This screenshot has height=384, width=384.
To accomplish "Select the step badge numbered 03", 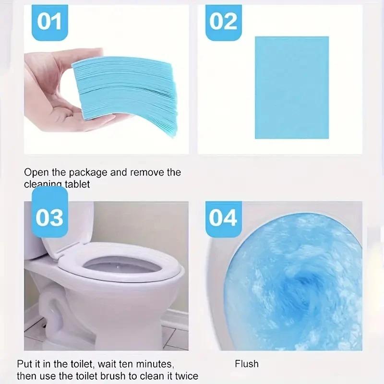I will pos(49,217).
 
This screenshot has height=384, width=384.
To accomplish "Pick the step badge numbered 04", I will pos(223,217).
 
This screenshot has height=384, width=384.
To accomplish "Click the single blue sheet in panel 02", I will pos(291,87).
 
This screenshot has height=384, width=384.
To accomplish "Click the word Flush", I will pos(246,364).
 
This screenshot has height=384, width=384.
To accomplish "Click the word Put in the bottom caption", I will pos(24,364).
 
